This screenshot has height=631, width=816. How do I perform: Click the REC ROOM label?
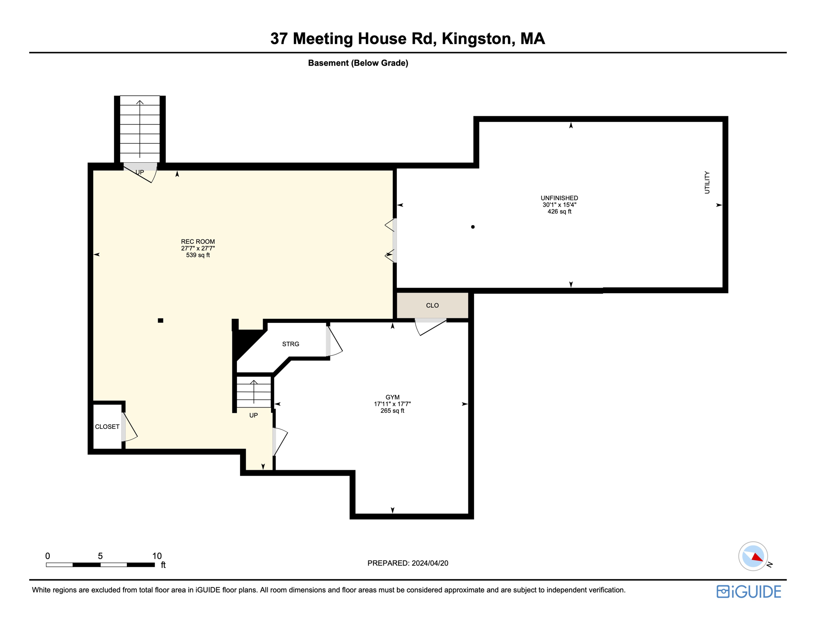click(198, 242)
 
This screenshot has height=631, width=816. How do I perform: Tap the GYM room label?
click(392, 397)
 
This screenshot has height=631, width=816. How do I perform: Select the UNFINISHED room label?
click(559, 198)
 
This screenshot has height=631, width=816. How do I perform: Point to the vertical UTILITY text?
click(707, 182)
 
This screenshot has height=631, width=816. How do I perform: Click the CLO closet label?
click(432, 306)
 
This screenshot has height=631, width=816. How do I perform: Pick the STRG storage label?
click(291, 344)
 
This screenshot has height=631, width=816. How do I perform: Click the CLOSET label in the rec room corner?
click(107, 427)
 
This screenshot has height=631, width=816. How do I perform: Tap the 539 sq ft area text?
click(198, 255)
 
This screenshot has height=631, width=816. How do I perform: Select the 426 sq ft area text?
click(559, 212)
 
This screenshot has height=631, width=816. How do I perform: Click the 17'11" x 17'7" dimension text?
click(392, 404)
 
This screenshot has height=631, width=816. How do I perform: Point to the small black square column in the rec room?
click(160, 320)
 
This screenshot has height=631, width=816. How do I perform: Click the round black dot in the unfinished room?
click(473, 227)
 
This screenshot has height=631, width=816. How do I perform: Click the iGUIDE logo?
click(749, 592)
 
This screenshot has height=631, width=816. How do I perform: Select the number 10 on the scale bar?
click(157, 556)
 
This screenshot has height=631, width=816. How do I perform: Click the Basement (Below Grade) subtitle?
click(358, 63)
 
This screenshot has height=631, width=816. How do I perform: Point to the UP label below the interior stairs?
click(254, 415)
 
